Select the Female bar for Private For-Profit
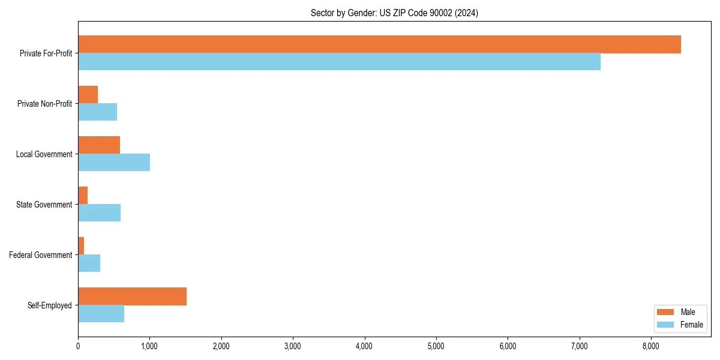point(339,62)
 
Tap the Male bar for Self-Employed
point(132,296)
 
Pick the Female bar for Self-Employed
point(101,314)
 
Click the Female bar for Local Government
point(114,163)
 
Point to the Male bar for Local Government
point(99,145)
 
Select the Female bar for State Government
point(99,213)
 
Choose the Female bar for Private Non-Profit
point(97,112)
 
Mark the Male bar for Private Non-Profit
point(88,95)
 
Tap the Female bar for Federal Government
point(89,263)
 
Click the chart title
point(394,13)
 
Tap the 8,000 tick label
point(651,346)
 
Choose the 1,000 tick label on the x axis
point(149,346)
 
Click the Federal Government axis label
point(41,255)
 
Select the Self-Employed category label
point(50,305)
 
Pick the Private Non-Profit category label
point(44,104)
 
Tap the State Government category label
point(44,205)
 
